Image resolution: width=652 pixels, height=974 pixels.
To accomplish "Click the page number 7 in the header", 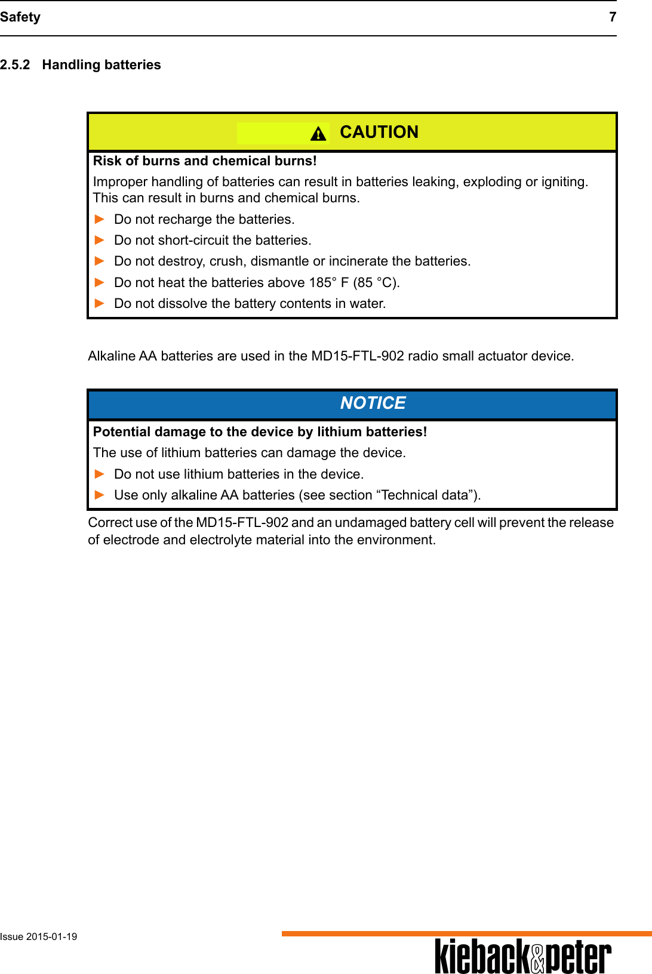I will point(612,17).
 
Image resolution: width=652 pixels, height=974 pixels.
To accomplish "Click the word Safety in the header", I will point(20,17).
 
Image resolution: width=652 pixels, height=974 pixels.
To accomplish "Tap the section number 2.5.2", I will point(15,64).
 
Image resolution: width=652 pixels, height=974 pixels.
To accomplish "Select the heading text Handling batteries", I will point(102,64).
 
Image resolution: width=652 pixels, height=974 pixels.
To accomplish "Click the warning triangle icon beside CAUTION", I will point(318,134).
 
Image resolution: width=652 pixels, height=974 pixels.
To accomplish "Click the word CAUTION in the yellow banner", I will point(379,132).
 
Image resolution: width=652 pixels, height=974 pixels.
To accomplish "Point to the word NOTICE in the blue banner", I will point(373,403).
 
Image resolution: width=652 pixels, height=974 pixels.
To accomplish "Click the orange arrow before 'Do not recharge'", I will point(100,219).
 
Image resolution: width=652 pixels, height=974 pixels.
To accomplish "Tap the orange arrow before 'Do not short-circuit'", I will point(100,240).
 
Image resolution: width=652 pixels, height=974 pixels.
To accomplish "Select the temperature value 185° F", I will point(328,282).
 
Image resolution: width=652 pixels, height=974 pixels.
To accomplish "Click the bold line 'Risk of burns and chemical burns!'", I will point(205,161).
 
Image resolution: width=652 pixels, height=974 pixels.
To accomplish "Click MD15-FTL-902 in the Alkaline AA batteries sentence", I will point(358,356).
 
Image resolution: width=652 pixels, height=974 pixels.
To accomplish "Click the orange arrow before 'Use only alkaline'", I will point(100,495).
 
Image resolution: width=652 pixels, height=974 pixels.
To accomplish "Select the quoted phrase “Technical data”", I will point(427,495).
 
